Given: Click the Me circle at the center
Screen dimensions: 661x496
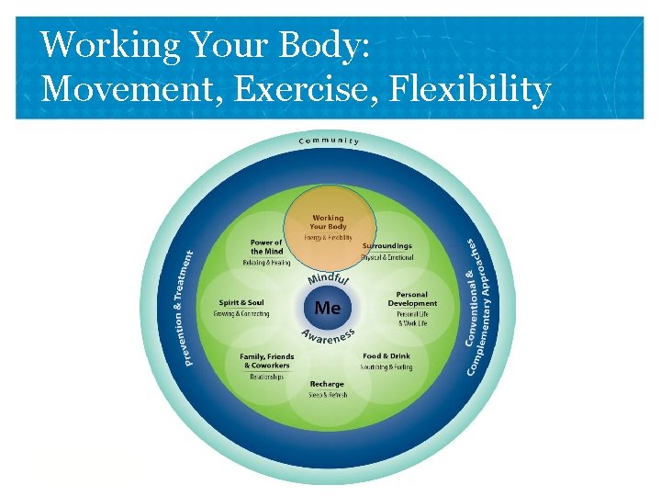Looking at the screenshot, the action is tap(328, 307).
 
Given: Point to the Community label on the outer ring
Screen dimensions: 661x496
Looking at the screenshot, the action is tap(328, 140).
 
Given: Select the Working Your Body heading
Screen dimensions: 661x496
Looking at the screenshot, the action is tap(328, 221).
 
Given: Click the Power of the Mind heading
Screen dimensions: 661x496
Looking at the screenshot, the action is tap(266, 247).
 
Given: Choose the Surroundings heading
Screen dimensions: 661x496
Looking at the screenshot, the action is tap(387, 246).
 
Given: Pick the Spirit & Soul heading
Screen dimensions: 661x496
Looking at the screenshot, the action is tap(241, 301).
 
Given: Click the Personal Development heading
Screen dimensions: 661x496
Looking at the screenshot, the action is tap(412, 299).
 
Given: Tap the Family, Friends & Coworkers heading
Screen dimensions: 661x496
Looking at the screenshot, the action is tap(266, 361).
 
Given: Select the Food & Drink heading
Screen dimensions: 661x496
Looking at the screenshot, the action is tap(386, 355).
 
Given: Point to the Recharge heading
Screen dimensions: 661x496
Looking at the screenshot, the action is tap(327, 384).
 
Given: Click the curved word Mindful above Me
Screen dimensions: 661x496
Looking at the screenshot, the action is tap(327, 276).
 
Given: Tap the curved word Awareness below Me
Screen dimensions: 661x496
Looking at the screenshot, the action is tap(328, 339).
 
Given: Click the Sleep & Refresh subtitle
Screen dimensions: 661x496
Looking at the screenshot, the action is tap(327, 395).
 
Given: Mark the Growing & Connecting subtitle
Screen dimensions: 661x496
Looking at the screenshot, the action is tap(241, 313).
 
